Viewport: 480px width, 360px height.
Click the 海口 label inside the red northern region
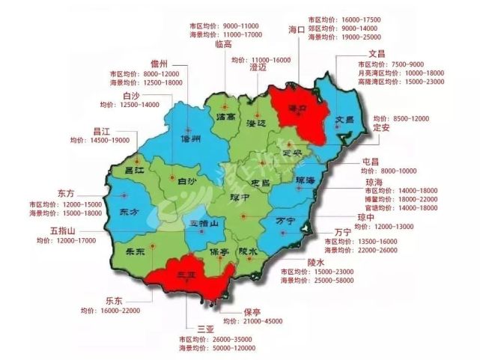pos(303,110)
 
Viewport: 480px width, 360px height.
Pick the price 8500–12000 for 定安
pos(411,118)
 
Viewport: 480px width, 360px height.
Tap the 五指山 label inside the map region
pos(202,223)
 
